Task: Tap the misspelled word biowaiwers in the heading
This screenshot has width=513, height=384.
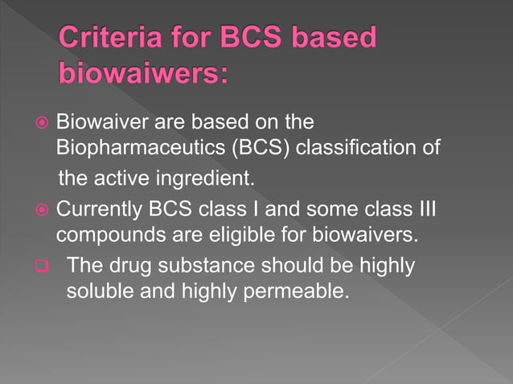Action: click(144, 73)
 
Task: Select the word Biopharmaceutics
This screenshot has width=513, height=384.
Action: click(137, 148)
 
